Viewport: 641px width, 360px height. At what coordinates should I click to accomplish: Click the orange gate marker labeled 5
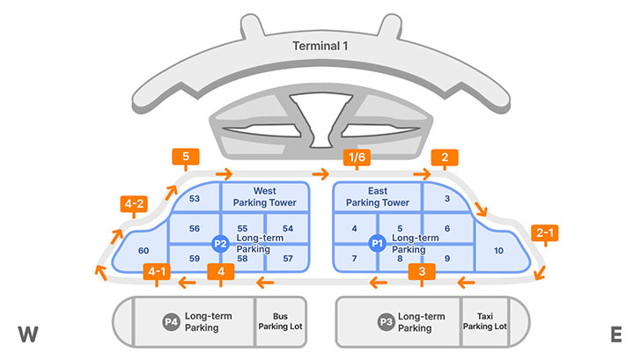186,158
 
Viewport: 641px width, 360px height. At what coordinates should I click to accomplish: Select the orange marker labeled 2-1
545,233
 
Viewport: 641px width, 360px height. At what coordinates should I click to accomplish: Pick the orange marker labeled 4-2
135,207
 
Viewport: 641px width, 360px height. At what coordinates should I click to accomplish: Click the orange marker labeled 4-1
157,271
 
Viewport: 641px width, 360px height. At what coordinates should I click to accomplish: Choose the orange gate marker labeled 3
423,271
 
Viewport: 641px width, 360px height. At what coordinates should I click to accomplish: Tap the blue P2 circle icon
221,243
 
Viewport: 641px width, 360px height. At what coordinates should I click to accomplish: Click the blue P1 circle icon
378,243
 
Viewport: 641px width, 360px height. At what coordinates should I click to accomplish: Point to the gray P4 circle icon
171,322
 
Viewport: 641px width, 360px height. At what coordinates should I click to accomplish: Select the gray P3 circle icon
386,322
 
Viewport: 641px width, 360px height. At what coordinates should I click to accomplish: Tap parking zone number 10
499,251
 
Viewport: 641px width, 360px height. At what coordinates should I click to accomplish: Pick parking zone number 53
195,199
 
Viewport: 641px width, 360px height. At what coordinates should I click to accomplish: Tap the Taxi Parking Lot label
485,321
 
